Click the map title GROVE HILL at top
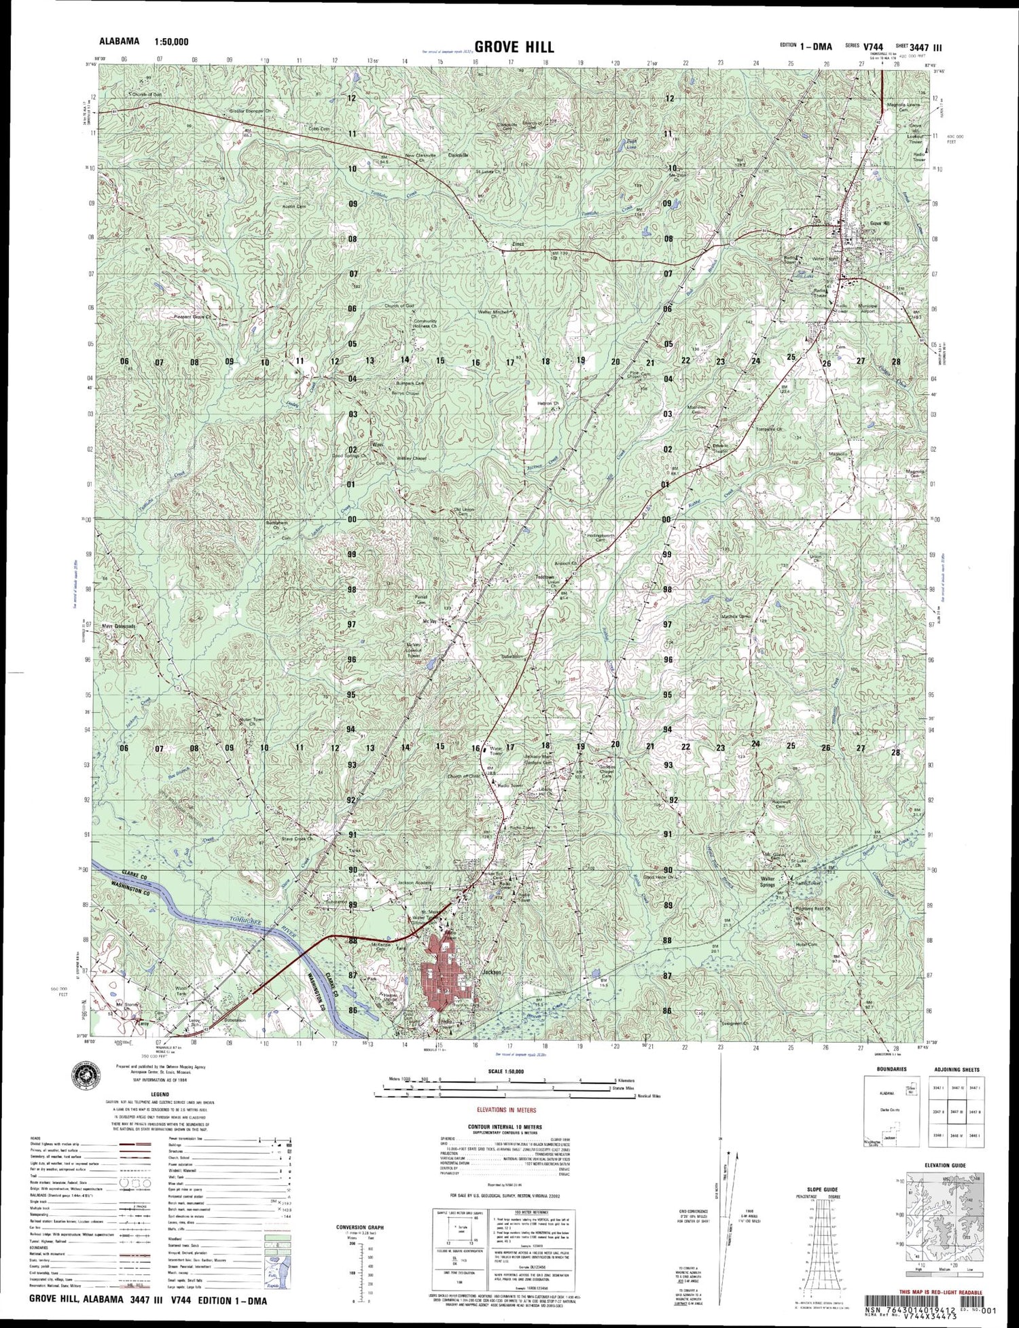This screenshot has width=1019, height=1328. point(514,47)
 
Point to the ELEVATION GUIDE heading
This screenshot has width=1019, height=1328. point(944,1165)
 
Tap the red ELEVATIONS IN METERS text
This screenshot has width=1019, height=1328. point(506,1110)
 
